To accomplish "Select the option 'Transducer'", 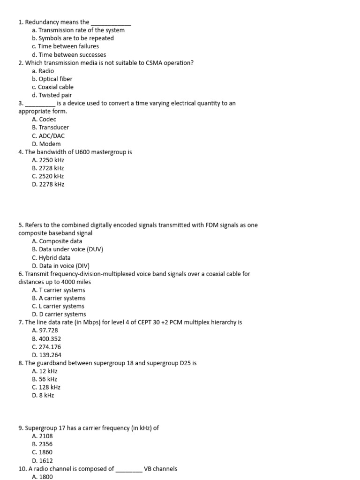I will click(53, 127).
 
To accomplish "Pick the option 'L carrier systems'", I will click(61, 306).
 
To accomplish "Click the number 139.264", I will click(50, 355).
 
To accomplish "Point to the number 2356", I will click(46, 444).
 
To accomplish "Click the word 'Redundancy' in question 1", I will click(41, 22).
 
